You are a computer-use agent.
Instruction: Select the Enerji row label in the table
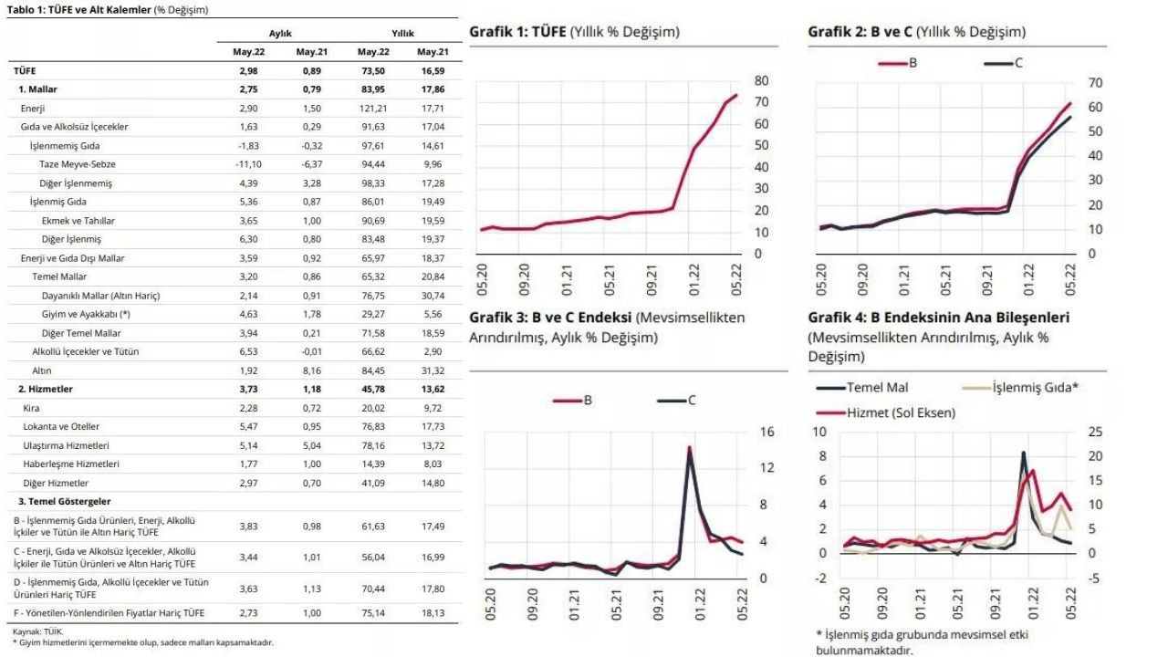[x=33, y=108]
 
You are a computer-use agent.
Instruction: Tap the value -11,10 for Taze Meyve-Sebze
[x=249, y=164]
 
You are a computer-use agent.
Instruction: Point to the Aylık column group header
[x=280, y=33]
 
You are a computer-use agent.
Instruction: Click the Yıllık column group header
[x=403, y=33]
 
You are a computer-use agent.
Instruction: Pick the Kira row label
[x=31, y=408]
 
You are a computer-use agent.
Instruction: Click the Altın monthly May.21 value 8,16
[x=309, y=370]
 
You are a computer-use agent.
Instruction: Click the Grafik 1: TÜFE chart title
[x=574, y=32]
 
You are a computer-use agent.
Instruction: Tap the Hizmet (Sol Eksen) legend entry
[x=901, y=412]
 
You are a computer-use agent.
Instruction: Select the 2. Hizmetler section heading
[x=47, y=389]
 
